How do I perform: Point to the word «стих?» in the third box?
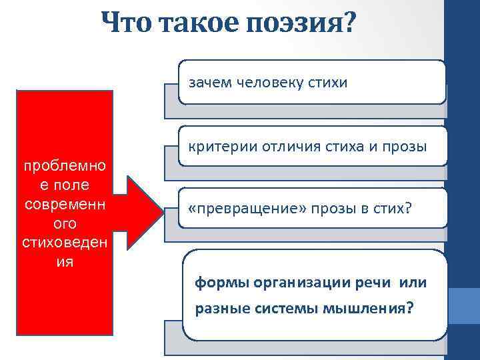pyautogui.click(x=393, y=209)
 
